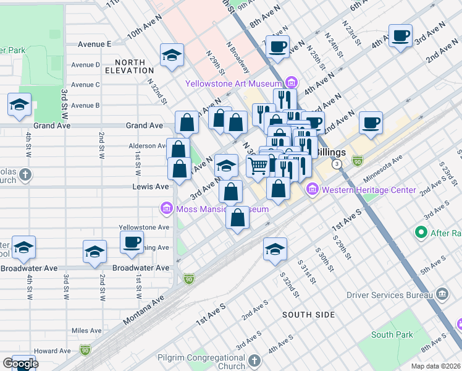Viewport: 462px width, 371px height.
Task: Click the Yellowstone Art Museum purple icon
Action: point(292,82)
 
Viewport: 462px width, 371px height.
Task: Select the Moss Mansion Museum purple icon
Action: point(166,209)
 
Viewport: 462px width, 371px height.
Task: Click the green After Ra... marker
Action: point(422,232)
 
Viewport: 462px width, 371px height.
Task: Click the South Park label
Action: point(392,335)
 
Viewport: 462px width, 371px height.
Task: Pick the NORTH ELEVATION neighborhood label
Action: point(130,67)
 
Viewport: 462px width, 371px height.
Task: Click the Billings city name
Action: point(331,152)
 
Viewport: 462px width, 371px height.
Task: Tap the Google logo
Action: point(20,364)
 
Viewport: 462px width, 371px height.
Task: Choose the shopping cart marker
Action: point(258,165)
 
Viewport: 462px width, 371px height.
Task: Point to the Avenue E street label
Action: point(94,45)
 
